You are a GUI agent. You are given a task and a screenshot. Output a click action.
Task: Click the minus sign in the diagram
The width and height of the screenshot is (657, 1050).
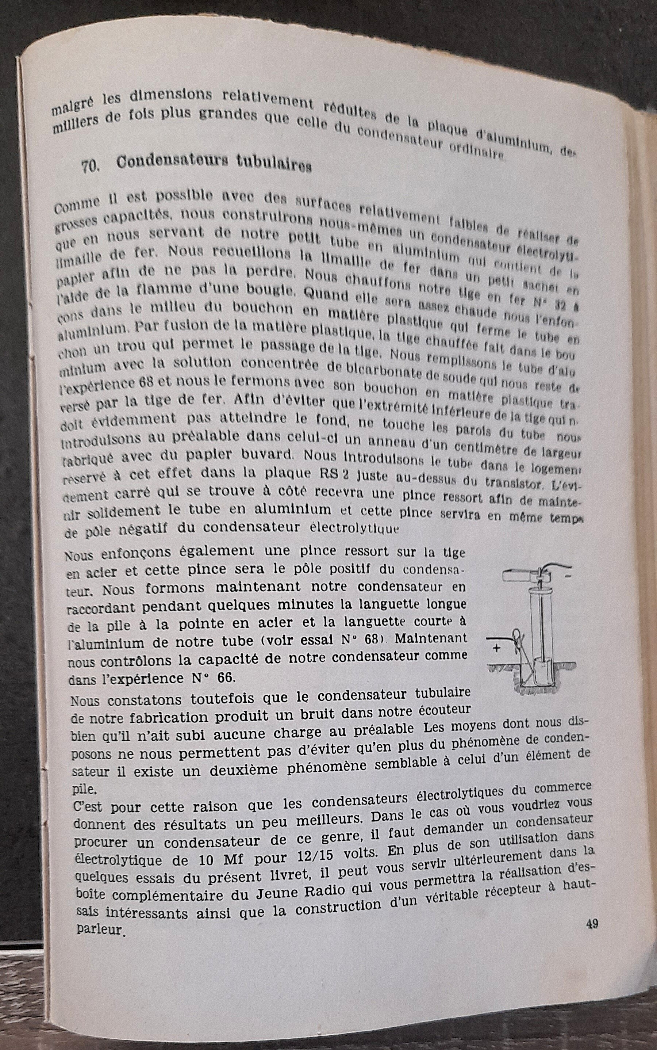click(568, 577)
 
